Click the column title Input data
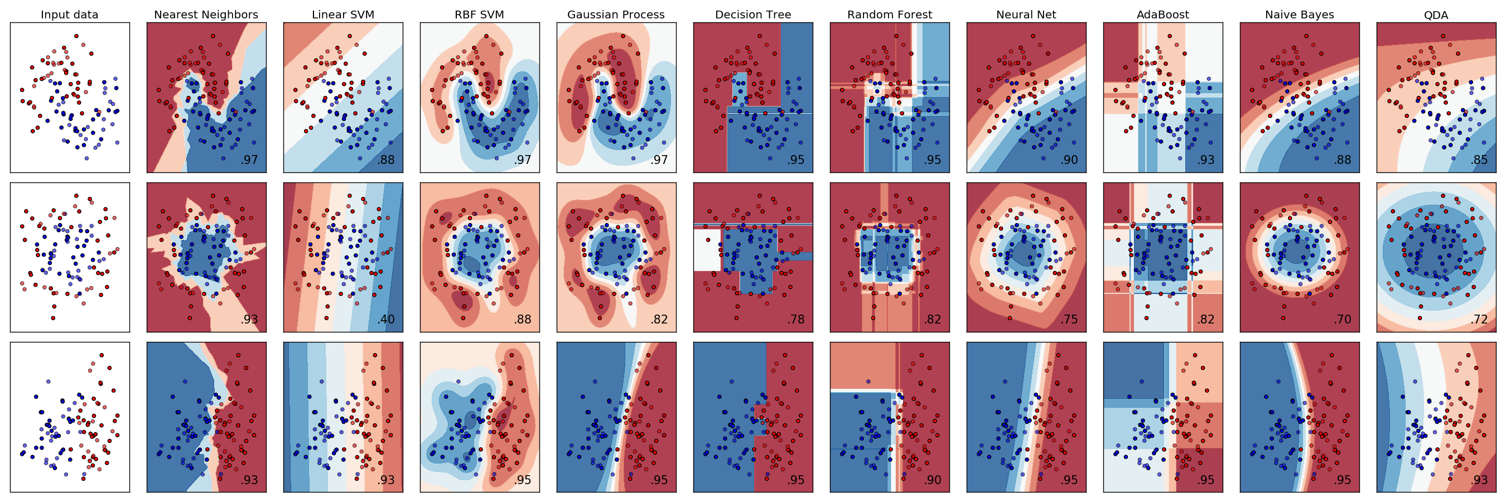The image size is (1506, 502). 70,15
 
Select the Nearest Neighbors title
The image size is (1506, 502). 206,15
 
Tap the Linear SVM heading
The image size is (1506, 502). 342,15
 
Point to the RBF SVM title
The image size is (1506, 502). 479,15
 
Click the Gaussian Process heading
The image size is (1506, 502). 616,15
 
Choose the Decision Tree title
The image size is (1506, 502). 753,15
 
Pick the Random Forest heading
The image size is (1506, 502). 889,15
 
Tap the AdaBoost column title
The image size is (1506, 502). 1162,15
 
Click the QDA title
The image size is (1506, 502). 1436,15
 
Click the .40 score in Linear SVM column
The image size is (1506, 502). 386,320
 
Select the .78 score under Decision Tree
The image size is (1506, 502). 796,320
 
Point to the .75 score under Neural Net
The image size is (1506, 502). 1069,320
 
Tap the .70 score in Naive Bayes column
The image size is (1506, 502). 1343,320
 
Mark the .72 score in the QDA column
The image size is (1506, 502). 1479,320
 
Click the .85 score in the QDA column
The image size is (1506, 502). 1479,160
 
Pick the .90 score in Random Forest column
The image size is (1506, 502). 933,480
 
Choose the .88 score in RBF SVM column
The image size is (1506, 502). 523,320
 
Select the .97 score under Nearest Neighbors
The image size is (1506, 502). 249,160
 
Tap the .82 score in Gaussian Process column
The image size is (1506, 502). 659,320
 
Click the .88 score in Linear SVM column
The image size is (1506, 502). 386,160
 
